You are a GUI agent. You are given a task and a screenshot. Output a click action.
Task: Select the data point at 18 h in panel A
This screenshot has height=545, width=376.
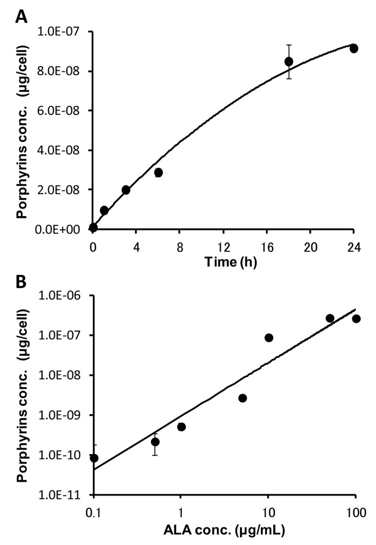point(289,61)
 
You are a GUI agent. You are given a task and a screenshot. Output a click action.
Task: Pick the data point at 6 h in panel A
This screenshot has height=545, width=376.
point(159,172)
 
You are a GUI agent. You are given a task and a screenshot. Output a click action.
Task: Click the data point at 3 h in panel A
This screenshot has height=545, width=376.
point(126,190)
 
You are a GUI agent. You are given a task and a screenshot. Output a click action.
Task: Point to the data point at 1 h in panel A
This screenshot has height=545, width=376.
point(104,210)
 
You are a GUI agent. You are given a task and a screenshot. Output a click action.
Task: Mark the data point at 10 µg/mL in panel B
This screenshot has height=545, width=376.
point(269,338)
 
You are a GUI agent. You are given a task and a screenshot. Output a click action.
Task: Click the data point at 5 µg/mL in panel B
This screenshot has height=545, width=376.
point(243,398)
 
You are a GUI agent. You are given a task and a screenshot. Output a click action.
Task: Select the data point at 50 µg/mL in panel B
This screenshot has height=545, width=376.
point(330,318)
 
